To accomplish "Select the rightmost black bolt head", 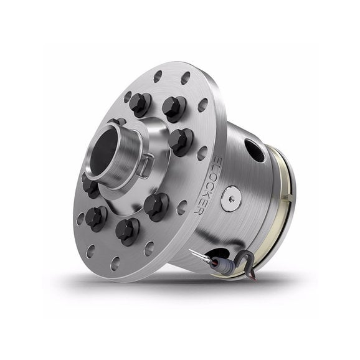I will coord(181,139).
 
